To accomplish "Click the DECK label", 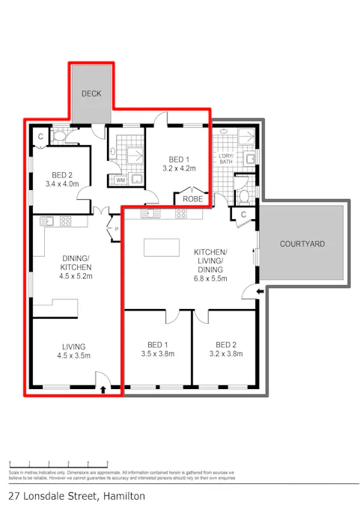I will (x=91, y=94).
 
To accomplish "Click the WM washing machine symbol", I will (x=120, y=180).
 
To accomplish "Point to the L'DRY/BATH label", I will (x=227, y=159).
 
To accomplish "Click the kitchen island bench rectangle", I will (x=162, y=247).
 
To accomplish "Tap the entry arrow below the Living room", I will (x=103, y=388).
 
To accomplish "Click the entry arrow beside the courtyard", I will (x=259, y=291).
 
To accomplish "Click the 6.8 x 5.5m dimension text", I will (x=210, y=278).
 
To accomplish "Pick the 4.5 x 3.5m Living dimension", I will (x=74, y=355).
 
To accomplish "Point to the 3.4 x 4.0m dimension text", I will (x=61, y=183).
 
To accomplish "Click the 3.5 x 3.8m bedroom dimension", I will (x=157, y=354).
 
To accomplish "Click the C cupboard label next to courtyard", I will (x=244, y=215).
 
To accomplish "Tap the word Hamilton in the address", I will (x=120, y=495).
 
